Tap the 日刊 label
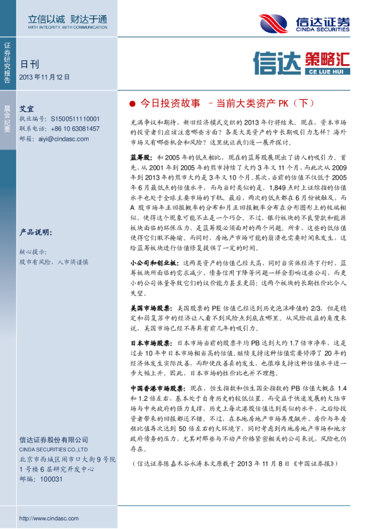tap(29, 63)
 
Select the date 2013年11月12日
tap(45, 77)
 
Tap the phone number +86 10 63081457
tap(77, 128)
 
